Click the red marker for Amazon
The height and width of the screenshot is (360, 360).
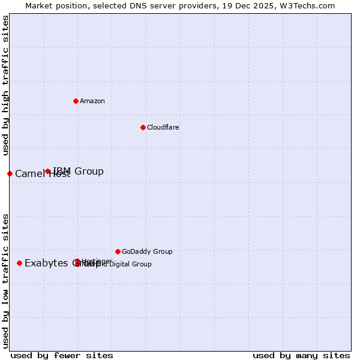(x=76, y=101)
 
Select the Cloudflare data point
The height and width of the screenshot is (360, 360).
(x=143, y=127)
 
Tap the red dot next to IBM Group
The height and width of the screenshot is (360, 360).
(x=48, y=172)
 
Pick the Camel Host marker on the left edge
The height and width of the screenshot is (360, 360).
(x=10, y=173)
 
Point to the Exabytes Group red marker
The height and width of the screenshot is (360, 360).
(x=20, y=263)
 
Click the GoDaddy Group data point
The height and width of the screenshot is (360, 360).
(x=118, y=251)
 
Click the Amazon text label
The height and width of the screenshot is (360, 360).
(x=92, y=101)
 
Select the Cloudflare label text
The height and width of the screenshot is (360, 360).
(x=163, y=127)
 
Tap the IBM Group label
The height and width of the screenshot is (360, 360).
(x=79, y=172)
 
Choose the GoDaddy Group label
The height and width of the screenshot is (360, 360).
(x=147, y=251)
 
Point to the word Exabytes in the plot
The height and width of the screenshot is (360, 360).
(x=47, y=263)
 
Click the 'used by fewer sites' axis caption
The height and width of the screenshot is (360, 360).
(x=62, y=355)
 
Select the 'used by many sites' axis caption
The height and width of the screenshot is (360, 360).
(x=301, y=355)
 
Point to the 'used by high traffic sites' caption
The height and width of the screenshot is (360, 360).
(x=5, y=85)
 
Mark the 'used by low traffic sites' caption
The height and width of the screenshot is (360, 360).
(x=5, y=280)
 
